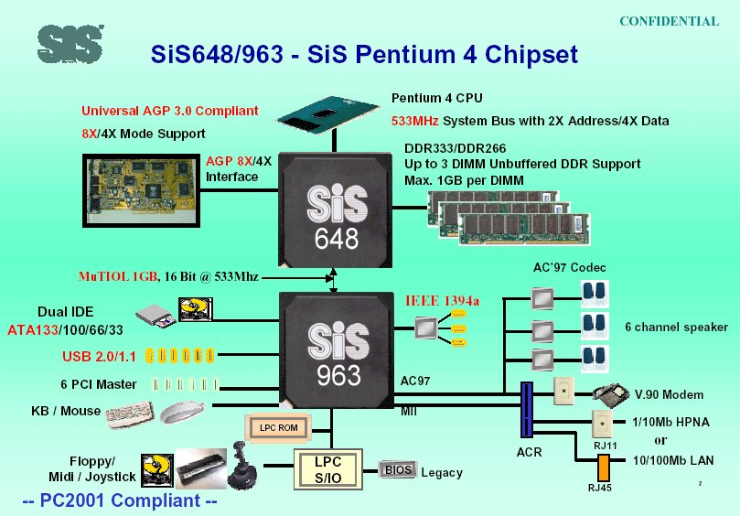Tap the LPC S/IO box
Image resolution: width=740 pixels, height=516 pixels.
(327, 469)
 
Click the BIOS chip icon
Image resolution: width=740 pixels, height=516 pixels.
(397, 471)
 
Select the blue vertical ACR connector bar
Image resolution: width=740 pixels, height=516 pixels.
(527, 409)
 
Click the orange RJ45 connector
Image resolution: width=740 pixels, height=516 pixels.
(603, 468)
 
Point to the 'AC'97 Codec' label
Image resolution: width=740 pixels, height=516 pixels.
(569, 267)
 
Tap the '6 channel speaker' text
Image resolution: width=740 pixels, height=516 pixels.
(676, 327)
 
